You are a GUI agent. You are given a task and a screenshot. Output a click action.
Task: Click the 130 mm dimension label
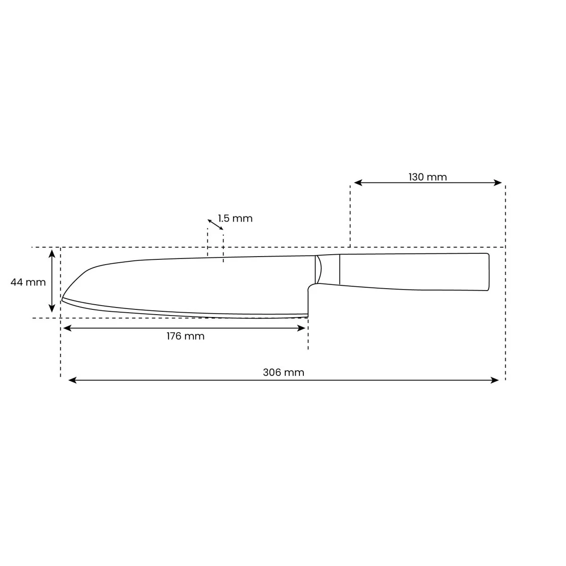[x=427, y=177]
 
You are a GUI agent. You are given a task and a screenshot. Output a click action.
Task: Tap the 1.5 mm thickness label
[x=235, y=218]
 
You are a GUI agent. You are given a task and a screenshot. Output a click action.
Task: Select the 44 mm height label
[x=28, y=282]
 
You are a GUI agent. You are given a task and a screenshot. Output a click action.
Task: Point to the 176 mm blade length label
[x=185, y=336]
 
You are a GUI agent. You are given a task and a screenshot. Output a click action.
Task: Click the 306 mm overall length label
[x=283, y=372]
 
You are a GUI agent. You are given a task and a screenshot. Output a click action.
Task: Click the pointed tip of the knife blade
[x=63, y=299]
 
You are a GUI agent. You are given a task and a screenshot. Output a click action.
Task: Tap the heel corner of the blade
[x=308, y=316]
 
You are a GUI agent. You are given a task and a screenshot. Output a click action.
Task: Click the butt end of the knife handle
[x=488, y=272]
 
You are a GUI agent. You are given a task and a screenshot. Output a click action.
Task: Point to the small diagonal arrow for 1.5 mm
[x=215, y=225]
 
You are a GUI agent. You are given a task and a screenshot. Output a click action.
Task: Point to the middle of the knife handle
[x=414, y=272]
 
